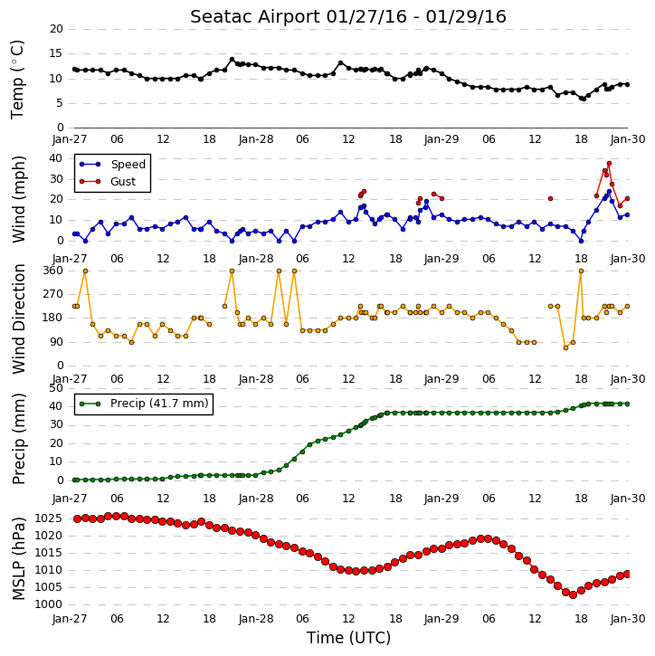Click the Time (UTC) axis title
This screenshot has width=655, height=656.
coord(348,638)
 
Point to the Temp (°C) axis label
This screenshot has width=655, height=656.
coord(17,80)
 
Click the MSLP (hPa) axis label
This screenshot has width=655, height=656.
coord(18,558)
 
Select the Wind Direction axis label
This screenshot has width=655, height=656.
coord(19,318)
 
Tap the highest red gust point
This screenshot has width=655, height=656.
coord(609,164)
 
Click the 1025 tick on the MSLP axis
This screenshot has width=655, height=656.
coord(48,518)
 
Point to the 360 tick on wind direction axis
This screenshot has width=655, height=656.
coord(52,271)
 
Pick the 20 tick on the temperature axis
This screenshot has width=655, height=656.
coord(56,29)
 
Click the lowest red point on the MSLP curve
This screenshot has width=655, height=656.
coord(573,594)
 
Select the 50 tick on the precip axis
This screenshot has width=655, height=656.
coord(56,388)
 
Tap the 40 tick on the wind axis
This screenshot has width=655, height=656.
coord(56,158)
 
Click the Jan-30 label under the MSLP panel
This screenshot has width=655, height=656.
coord(628,619)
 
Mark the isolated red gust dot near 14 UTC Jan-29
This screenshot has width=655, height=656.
coord(550,199)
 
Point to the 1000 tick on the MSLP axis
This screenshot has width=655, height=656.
coord(48,604)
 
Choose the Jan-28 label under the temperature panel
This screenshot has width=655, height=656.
coord(256,139)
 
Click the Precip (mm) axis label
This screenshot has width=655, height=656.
coord(18,439)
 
